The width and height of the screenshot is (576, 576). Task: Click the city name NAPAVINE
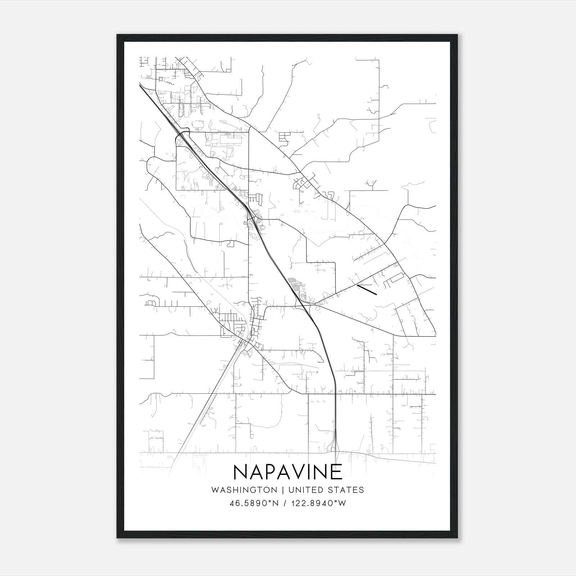tap(288, 472)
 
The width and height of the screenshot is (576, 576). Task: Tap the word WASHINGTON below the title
tap(244, 490)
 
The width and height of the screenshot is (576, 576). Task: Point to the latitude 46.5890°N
tap(254, 503)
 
